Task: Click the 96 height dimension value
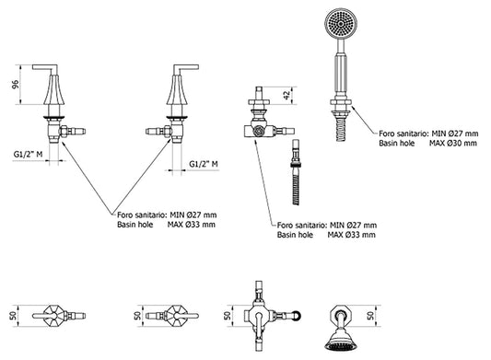point(16,85)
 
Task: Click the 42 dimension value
point(287,95)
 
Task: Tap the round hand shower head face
point(341,23)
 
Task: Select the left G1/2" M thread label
point(28,154)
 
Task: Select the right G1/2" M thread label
point(204,164)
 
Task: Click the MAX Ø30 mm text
point(453,144)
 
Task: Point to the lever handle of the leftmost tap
point(45,68)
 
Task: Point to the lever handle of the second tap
point(186,68)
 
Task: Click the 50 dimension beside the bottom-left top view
point(14,316)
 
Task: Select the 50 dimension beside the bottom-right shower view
point(371,315)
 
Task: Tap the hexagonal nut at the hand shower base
point(341,102)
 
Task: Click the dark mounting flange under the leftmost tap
point(53,118)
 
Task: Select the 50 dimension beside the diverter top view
point(228,316)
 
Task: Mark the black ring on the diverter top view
point(298,316)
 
